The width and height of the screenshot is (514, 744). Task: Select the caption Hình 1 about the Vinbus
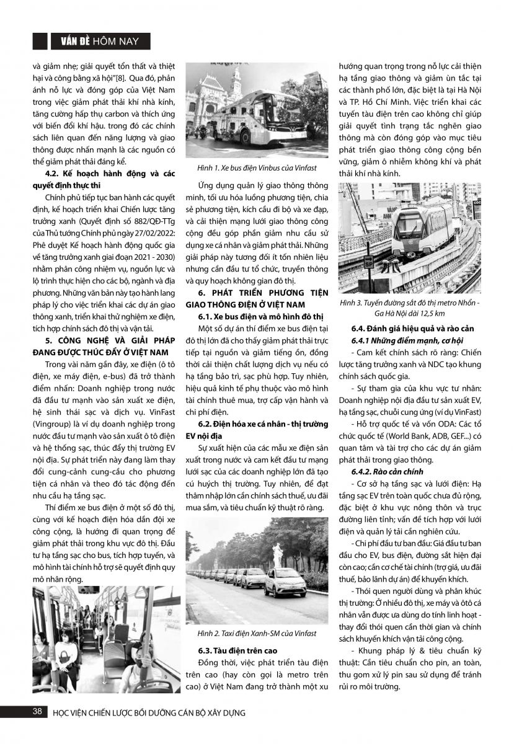pos(243,169)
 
